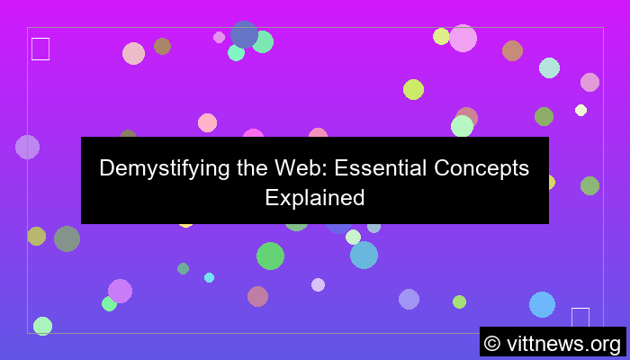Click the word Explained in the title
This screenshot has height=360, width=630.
314,197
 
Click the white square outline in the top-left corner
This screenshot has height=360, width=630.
40,49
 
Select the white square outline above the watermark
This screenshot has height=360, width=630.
580,318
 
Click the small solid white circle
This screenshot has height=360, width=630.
580,110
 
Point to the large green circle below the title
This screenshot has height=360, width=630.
270,256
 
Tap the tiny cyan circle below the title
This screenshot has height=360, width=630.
209,277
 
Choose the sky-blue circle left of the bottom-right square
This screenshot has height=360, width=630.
542,304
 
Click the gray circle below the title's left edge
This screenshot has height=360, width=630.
67,238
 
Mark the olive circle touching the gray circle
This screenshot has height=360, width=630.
36,236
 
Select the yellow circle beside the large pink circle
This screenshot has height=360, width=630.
441,36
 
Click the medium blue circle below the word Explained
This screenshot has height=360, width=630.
364,255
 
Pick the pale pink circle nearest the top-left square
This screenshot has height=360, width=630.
133,53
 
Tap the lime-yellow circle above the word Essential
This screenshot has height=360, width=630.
413,89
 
